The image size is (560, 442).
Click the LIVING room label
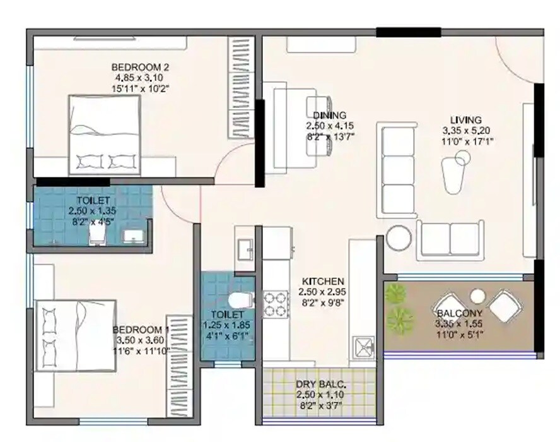click(466, 119)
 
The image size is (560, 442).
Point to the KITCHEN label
click(322, 281)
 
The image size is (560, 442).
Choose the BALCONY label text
click(459, 314)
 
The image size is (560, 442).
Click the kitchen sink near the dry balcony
click(364, 346)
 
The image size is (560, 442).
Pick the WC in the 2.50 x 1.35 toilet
click(96, 234)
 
